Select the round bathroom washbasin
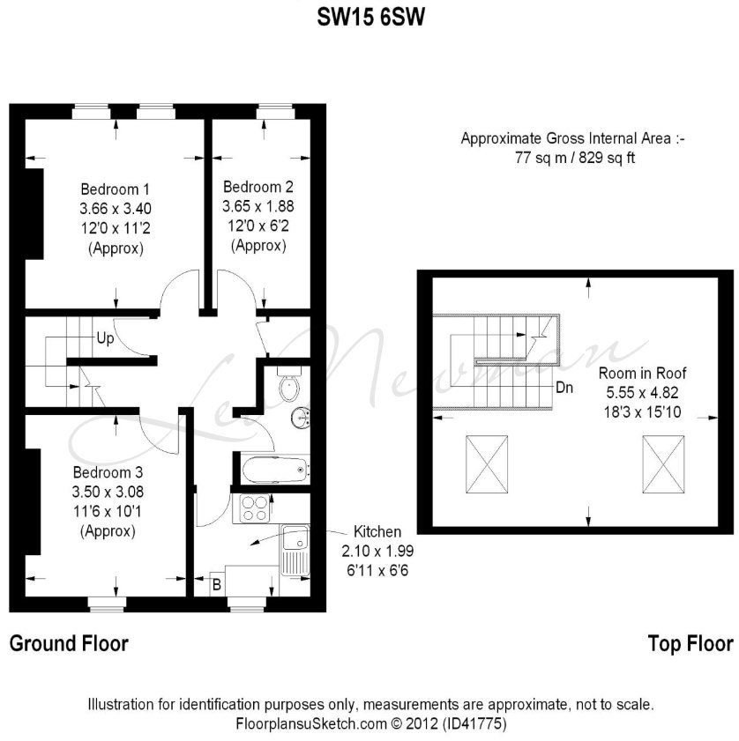coord(301,418)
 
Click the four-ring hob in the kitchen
coord(255,508)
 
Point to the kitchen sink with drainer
coord(295,550)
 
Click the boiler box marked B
coord(217,585)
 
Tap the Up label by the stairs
coord(105,338)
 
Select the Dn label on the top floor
coord(564,388)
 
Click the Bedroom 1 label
coord(115,189)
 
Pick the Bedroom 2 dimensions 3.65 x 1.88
coord(258,206)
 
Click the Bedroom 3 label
coord(108,472)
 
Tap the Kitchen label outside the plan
coord(377,531)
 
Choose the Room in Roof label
coord(642,373)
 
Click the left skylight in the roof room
coord(487,464)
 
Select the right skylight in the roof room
coord(663,464)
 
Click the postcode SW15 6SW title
coord(370,18)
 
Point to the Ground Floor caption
coord(69,644)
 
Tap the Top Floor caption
coord(690,644)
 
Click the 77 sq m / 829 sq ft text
coord(574,158)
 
